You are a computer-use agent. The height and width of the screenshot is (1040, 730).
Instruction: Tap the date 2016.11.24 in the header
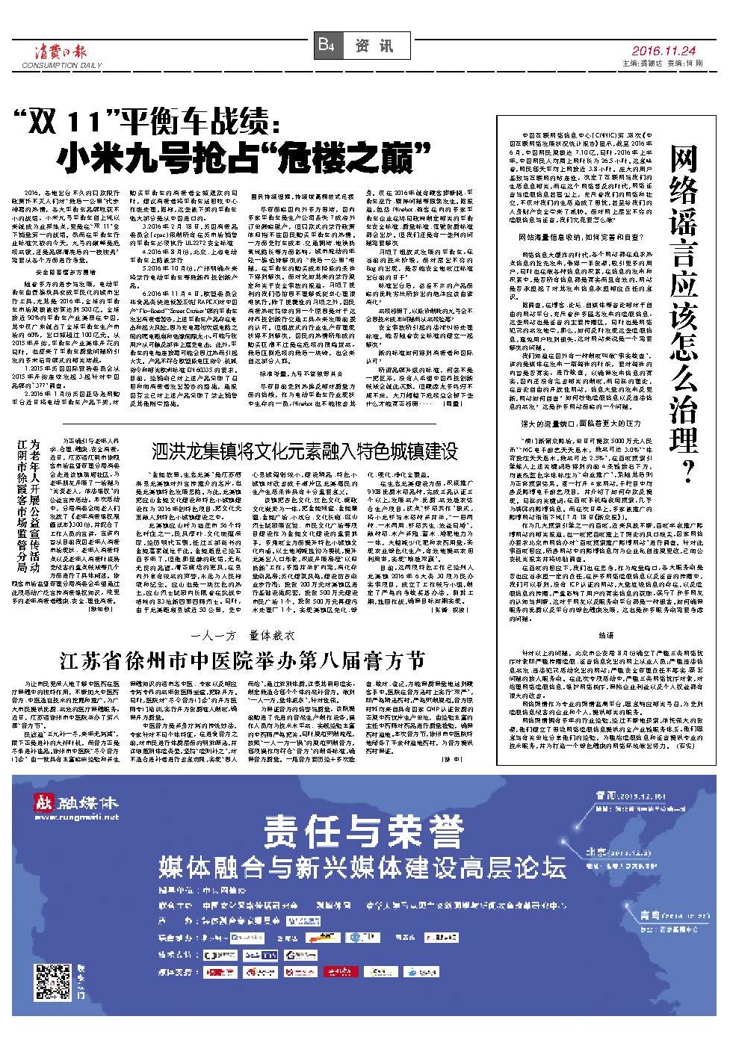pyautogui.click(x=663, y=51)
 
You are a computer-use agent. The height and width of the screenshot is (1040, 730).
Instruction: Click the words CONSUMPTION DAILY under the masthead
pyautogui.click(x=61, y=66)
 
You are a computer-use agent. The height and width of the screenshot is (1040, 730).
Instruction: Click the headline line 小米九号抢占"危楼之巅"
pyautogui.click(x=244, y=158)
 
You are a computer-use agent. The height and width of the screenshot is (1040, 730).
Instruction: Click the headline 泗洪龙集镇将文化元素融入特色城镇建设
pyautogui.click(x=304, y=451)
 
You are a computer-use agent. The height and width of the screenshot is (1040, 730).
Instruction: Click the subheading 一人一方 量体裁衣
pyautogui.click(x=242, y=636)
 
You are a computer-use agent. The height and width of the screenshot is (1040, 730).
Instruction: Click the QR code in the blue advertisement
pyautogui.click(x=53, y=982)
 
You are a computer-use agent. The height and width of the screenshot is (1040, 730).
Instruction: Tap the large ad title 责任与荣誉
pyautogui.click(x=365, y=831)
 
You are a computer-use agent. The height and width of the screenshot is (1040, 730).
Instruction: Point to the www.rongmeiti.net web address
pyautogui.click(x=76, y=817)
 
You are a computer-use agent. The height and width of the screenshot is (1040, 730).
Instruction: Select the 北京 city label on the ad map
pyautogui.click(x=601, y=852)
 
